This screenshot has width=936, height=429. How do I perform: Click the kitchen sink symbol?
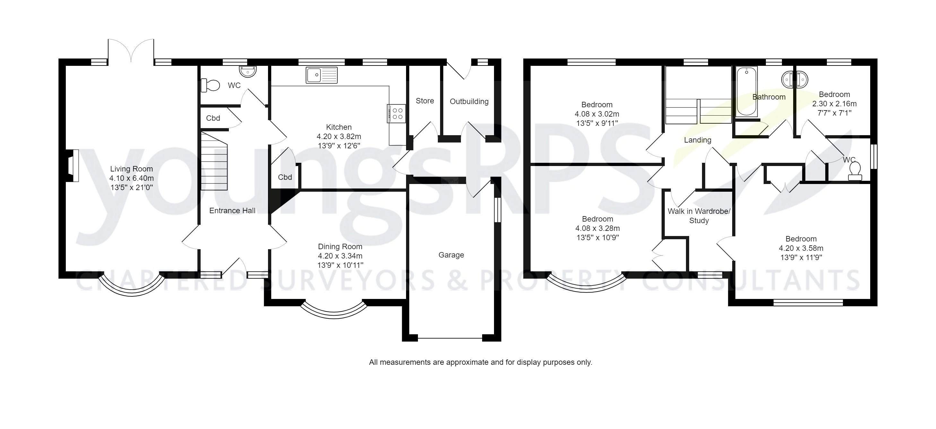click(x=321, y=75)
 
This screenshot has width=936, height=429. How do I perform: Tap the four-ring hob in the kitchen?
click(x=396, y=113)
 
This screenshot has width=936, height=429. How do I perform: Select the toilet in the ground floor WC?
click(x=210, y=85)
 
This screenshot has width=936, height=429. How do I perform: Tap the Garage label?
click(x=451, y=255)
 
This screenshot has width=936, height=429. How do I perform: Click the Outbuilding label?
click(x=469, y=101)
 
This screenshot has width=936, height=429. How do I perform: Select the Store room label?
click(x=424, y=101)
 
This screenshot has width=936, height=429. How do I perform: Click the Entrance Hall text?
click(x=232, y=211)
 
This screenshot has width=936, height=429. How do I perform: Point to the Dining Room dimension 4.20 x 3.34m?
click(x=340, y=256)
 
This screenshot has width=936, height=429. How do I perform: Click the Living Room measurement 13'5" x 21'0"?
click(x=131, y=188)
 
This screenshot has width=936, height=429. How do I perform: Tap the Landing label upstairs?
click(x=697, y=140)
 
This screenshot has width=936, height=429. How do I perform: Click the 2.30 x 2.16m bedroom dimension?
click(x=834, y=104)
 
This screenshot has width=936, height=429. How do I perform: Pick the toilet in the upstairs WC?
click(x=855, y=171)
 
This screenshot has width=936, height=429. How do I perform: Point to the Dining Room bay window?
click(x=334, y=312)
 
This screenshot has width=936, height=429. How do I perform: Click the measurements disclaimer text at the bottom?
click(x=480, y=363)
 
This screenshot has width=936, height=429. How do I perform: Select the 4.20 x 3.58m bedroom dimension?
click(x=801, y=248)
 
